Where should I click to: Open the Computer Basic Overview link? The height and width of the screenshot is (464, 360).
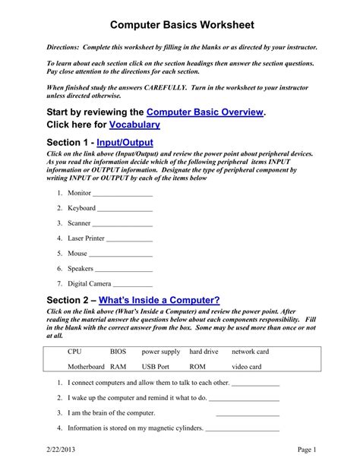click(x=205, y=112)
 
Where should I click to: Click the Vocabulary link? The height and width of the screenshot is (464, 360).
click(x=134, y=125)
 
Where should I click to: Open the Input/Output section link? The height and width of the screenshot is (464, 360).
click(x=125, y=142)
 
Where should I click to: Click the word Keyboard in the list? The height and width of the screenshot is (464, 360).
click(x=81, y=208)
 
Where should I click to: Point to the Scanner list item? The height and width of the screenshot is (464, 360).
click(x=79, y=223)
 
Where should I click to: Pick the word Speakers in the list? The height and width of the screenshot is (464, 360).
click(x=81, y=268)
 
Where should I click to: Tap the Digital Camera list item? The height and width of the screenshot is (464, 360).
click(x=90, y=283)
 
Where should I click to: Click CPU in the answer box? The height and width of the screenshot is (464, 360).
click(x=74, y=352)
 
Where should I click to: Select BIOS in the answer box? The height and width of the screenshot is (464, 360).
click(x=118, y=352)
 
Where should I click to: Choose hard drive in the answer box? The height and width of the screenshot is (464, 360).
click(x=204, y=352)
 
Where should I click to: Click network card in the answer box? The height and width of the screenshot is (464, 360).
click(x=250, y=352)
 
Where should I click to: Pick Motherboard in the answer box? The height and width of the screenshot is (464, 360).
click(x=86, y=367)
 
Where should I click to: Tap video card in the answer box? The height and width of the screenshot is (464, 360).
click(x=246, y=367)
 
